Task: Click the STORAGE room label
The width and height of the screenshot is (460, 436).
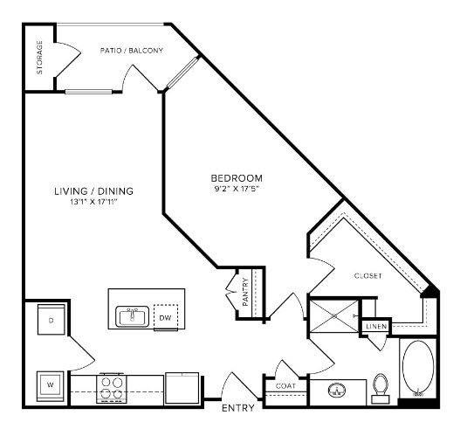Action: (39, 58)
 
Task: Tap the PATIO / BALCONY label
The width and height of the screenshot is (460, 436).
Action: (132, 51)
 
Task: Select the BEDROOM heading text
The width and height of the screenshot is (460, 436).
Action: (237, 178)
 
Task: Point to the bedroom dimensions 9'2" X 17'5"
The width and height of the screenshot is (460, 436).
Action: (237, 189)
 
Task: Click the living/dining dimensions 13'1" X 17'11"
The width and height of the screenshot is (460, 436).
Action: (94, 202)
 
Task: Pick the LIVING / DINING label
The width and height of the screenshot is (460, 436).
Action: (94, 191)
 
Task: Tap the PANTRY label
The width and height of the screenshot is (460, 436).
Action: (245, 292)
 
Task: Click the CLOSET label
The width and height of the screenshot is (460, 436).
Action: (368, 276)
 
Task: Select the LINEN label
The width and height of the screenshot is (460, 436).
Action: (376, 326)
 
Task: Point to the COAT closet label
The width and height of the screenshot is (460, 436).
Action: (285, 386)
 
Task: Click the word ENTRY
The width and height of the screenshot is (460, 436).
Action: (238, 408)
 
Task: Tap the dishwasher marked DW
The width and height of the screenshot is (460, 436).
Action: (166, 317)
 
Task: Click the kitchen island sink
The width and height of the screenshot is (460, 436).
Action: (133, 316)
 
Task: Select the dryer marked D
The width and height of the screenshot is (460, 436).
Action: (51, 320)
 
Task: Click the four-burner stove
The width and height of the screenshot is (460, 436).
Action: (112, 388)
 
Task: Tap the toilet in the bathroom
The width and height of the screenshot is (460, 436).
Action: (381, 388)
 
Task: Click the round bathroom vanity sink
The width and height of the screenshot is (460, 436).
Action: (337, 391)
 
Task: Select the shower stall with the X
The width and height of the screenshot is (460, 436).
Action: (334, 316)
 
